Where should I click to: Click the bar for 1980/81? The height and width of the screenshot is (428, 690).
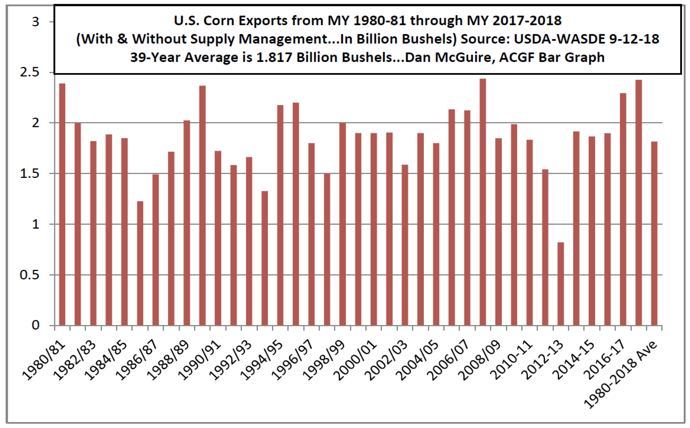pos(62,204)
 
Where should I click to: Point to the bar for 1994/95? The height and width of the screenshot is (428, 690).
pos(280,215)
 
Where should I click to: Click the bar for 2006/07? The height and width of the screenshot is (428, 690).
pos(467,218)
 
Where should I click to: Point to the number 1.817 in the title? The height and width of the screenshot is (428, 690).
pos(274,57)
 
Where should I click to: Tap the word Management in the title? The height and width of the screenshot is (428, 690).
pos(287,39)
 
